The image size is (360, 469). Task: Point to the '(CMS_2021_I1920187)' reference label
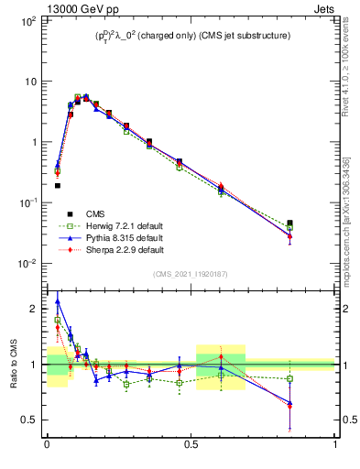[x=190, y=274]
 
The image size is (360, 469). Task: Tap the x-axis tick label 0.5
[x=191, y=445]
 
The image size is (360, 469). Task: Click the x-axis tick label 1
[x=335, y=445]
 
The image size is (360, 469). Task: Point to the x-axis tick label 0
[x=47, y=445]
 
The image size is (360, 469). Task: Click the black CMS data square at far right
[x=289, y=223]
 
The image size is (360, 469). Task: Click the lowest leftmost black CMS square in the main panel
[x=57, y=186]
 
